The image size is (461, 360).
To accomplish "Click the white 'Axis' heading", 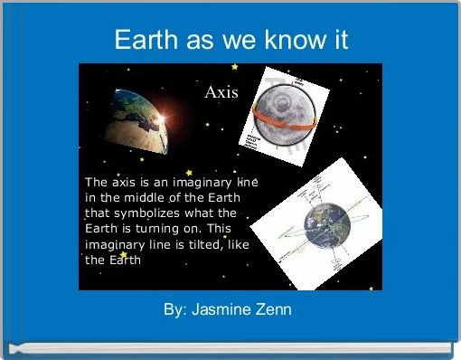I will coord(221,92).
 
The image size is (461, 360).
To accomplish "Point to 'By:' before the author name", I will coord(175,310).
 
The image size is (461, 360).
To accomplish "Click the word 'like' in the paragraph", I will coord(240,243).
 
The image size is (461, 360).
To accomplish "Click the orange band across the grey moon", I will coord(281,114).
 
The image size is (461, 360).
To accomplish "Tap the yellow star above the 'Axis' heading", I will coord(235,67).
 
